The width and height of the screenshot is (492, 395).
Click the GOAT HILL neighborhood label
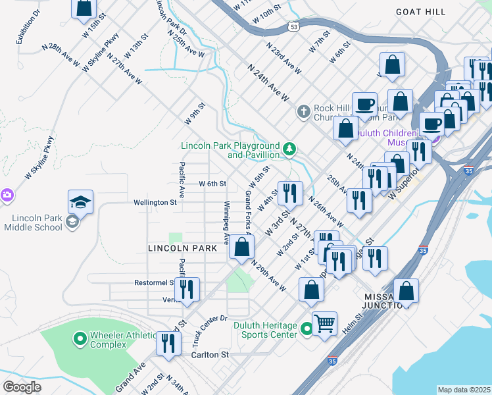[421, 12]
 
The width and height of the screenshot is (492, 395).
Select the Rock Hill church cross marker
[303, 111]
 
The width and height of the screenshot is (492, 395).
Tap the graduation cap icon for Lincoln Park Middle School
[80, 202]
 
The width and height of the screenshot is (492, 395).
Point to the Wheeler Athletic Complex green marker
[80, 339]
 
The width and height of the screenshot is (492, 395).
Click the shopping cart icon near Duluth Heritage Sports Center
[324, 323]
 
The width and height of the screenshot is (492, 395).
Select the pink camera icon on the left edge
[6, 195]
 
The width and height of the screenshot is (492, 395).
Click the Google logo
[22, 387]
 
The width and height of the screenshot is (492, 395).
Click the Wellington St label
[156, 203]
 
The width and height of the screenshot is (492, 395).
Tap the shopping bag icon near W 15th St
[84, 8]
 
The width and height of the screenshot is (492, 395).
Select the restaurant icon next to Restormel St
[187, 288]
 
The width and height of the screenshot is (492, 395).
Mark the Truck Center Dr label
[204, 330]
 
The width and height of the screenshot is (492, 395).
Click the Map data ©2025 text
[464, 390]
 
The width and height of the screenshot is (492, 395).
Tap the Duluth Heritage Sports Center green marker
[306, 329]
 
